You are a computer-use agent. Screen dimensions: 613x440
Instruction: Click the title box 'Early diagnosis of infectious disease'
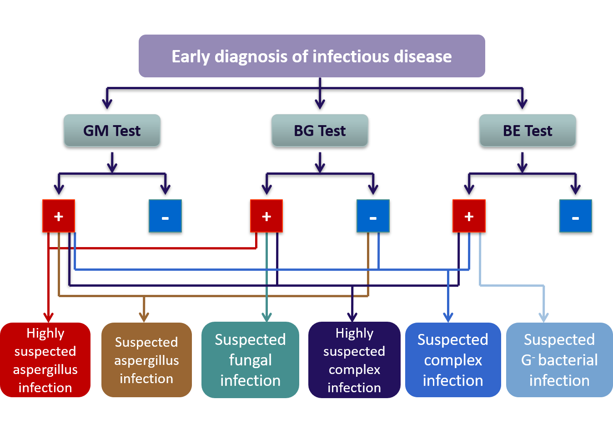click(312, 56)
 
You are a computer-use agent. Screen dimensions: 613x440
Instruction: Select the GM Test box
click(112, 130)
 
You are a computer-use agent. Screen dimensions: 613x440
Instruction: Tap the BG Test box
click(320, 130)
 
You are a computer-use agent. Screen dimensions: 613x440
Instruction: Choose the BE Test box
click(528, 130)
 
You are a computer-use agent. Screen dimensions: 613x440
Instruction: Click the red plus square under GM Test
click(59, 216)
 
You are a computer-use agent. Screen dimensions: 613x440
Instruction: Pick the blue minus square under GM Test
click(165, 216)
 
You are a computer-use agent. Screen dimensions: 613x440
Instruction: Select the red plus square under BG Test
click(266, 216)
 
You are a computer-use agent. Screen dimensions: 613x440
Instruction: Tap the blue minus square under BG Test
click(373, 216)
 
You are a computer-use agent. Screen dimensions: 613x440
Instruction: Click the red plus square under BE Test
click(469, 216)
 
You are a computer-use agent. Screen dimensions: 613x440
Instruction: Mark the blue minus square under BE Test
click(576, 216)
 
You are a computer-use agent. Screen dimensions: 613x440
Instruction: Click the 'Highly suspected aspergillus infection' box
click(45, 360)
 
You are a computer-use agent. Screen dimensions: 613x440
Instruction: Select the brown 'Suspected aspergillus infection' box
click(146, 360)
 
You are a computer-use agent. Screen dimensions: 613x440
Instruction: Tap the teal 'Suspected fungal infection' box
click(250, 360)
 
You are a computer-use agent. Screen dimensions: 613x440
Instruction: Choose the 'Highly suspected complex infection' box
click(354, 360)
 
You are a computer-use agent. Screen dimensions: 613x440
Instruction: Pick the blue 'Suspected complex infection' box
click(453, 360)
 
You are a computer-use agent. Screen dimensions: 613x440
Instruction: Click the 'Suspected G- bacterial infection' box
click(559, 360)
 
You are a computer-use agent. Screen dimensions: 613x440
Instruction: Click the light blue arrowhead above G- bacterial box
click(543, 318)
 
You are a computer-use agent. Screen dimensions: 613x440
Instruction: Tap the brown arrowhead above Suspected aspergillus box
click(144, 318)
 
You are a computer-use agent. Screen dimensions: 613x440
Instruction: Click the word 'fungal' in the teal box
click(251, 360)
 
